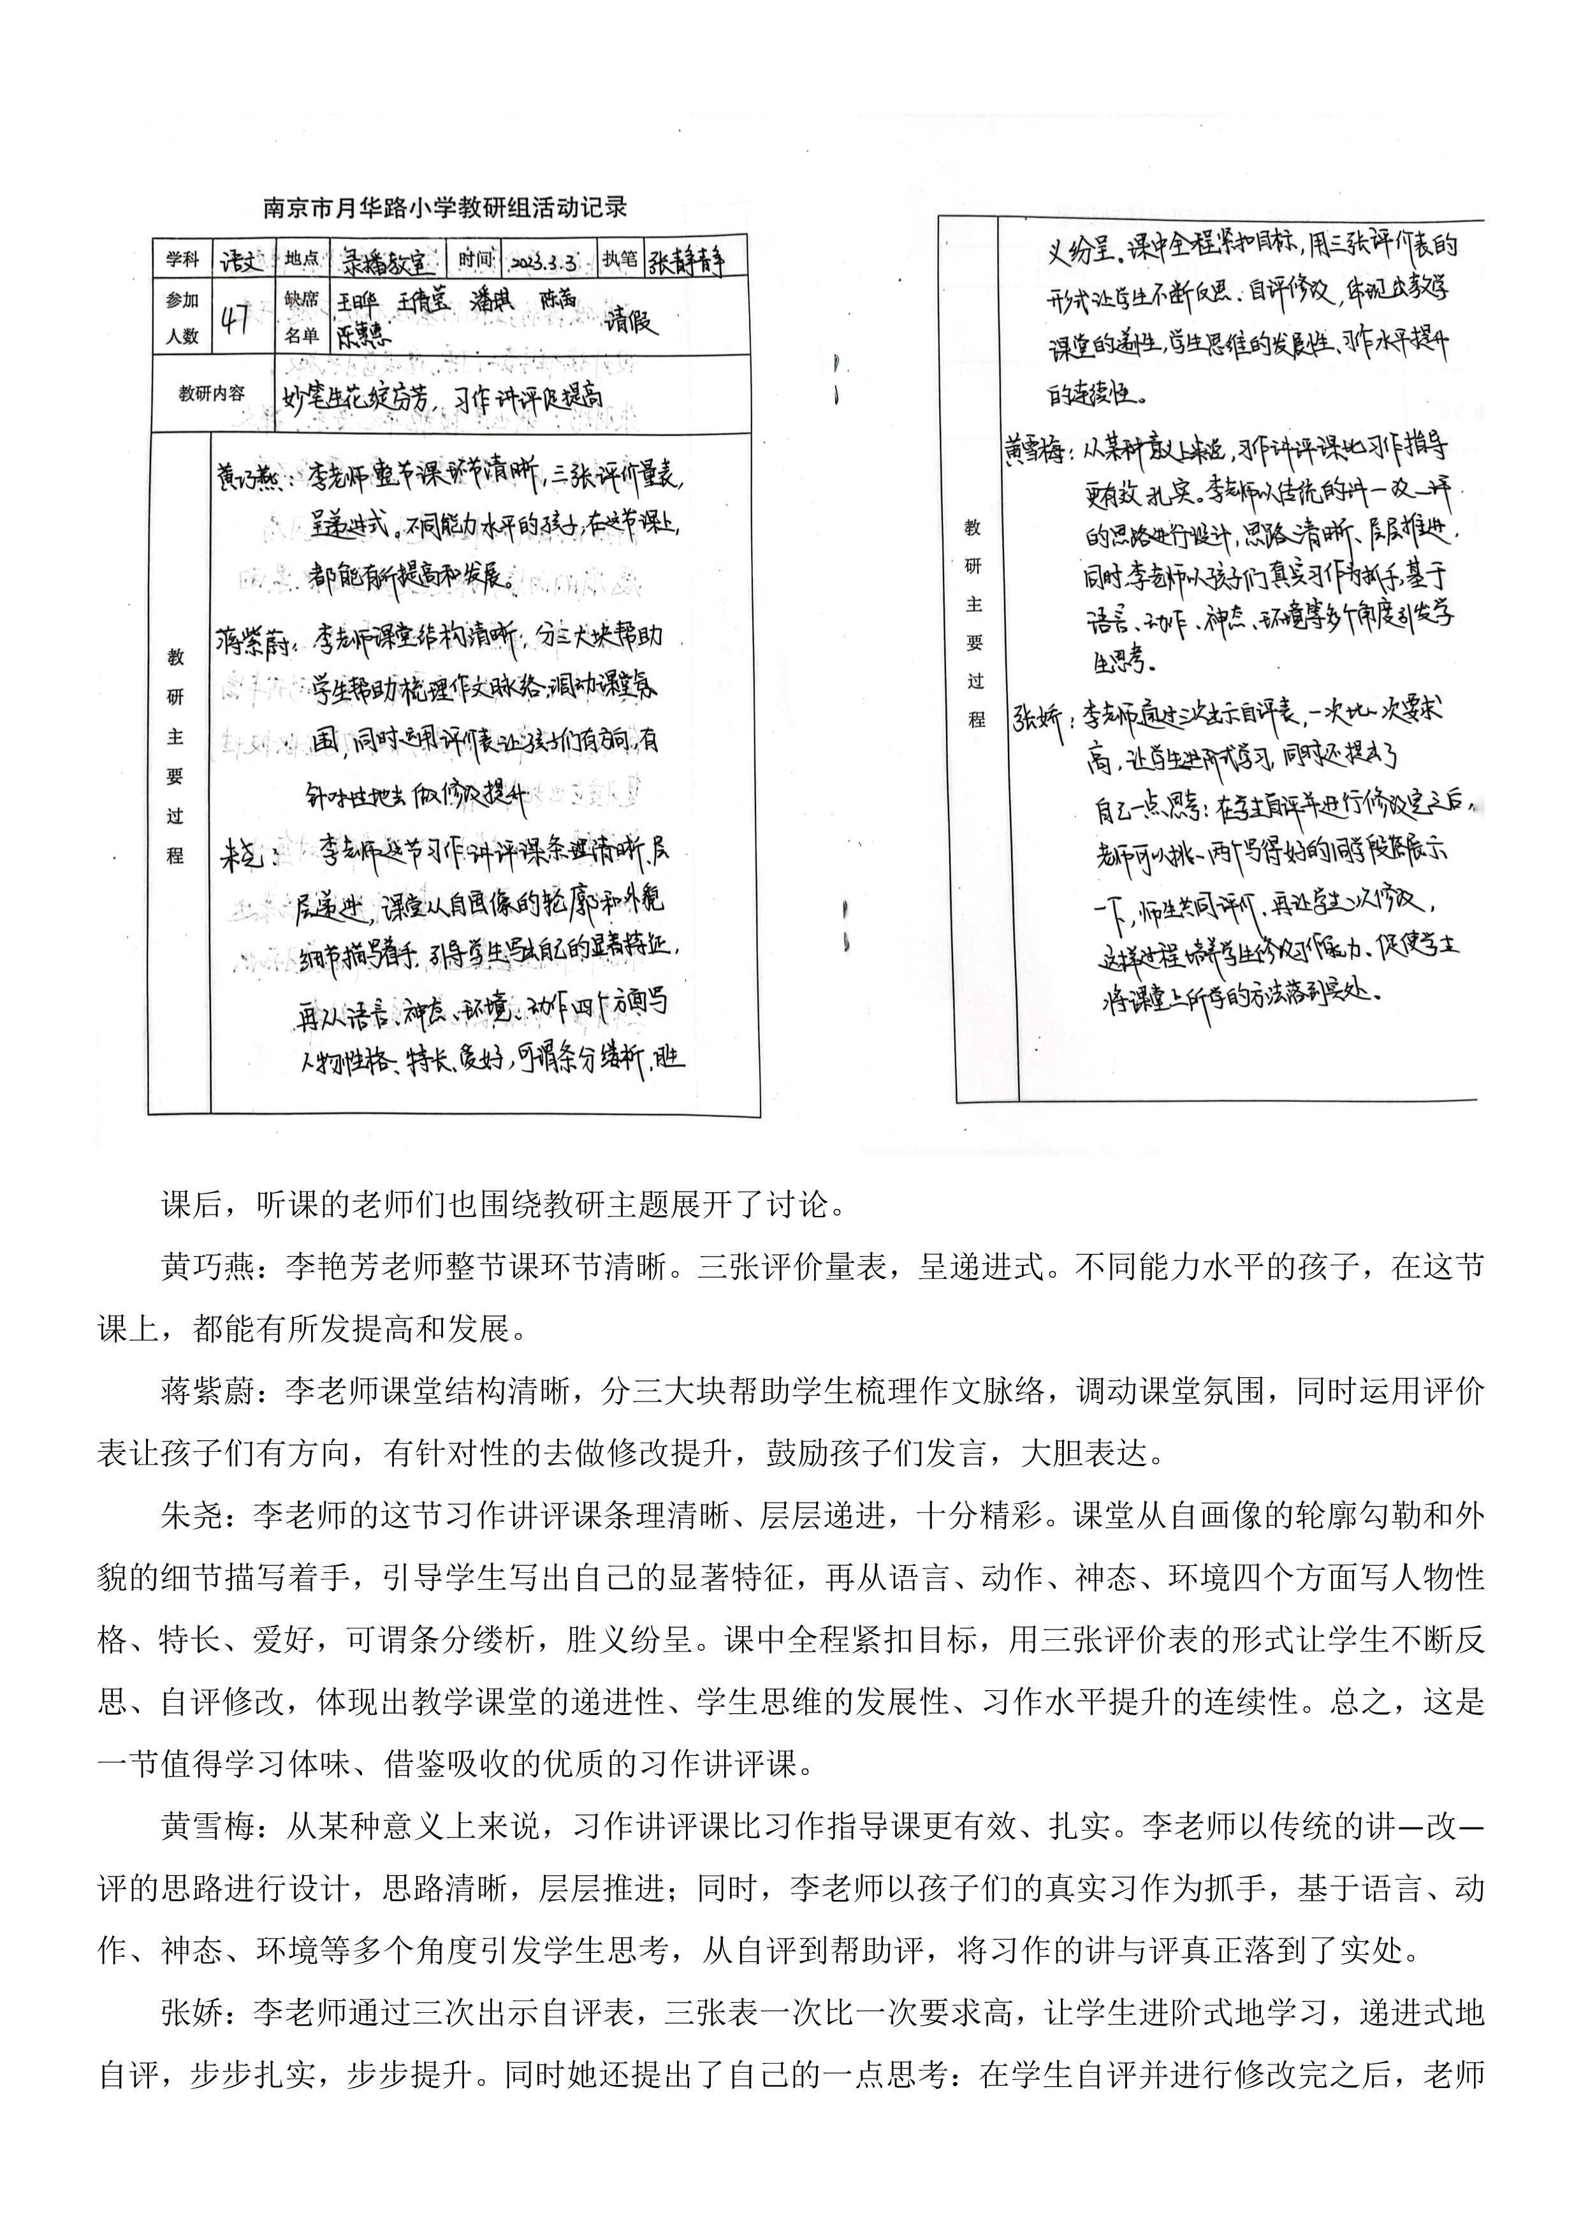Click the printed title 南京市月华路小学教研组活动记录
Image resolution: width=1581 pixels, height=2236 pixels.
point(445,207)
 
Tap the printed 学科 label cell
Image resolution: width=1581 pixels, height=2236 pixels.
point(182,259)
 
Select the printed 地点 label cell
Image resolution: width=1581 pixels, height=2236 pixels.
point(302,259)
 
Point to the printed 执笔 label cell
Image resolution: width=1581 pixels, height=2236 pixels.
point(621,259)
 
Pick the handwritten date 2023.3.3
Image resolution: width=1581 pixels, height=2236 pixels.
point(543,261)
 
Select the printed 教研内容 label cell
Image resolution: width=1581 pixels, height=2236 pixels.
point(211,393)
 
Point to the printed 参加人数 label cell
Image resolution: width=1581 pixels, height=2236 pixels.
point(182,318)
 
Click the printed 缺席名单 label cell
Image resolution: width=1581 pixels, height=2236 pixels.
point(302,318)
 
